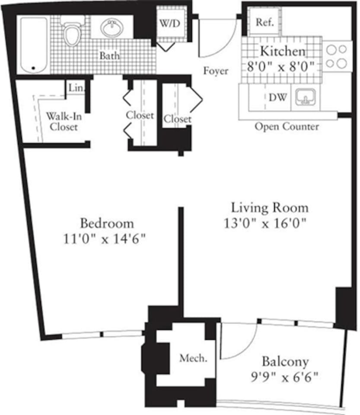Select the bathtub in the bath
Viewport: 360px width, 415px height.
[x=33, y=45]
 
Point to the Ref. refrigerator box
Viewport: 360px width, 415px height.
[x=264, y=22]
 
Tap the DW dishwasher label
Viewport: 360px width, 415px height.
[x=277, y=97]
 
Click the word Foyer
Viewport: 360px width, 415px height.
[x=216, y=71]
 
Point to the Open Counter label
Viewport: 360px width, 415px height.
[x=287, y=127]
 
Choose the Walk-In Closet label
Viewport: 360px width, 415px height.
[x=63, y=121]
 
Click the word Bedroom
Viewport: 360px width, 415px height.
[x=107, y=223]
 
